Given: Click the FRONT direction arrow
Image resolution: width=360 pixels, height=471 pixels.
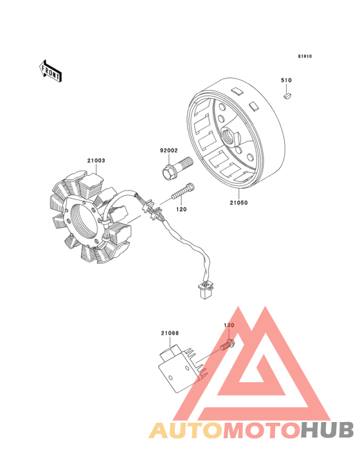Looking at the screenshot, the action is (x=50, y=71).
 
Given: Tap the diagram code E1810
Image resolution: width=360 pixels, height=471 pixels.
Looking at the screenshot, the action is (x=305, y=57).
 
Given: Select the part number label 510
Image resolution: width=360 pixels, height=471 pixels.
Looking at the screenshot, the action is (x=286, y=80).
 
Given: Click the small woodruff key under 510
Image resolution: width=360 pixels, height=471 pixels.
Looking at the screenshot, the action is (x=288, y=96).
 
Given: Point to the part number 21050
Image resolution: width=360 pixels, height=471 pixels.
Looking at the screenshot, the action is (x=239, y=203).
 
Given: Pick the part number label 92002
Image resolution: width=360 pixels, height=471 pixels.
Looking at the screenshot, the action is (x=169, y=151).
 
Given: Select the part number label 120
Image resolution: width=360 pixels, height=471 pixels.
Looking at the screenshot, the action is (x=181, y=209).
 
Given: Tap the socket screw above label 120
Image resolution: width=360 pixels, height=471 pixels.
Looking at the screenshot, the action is (x=183, y=191).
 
